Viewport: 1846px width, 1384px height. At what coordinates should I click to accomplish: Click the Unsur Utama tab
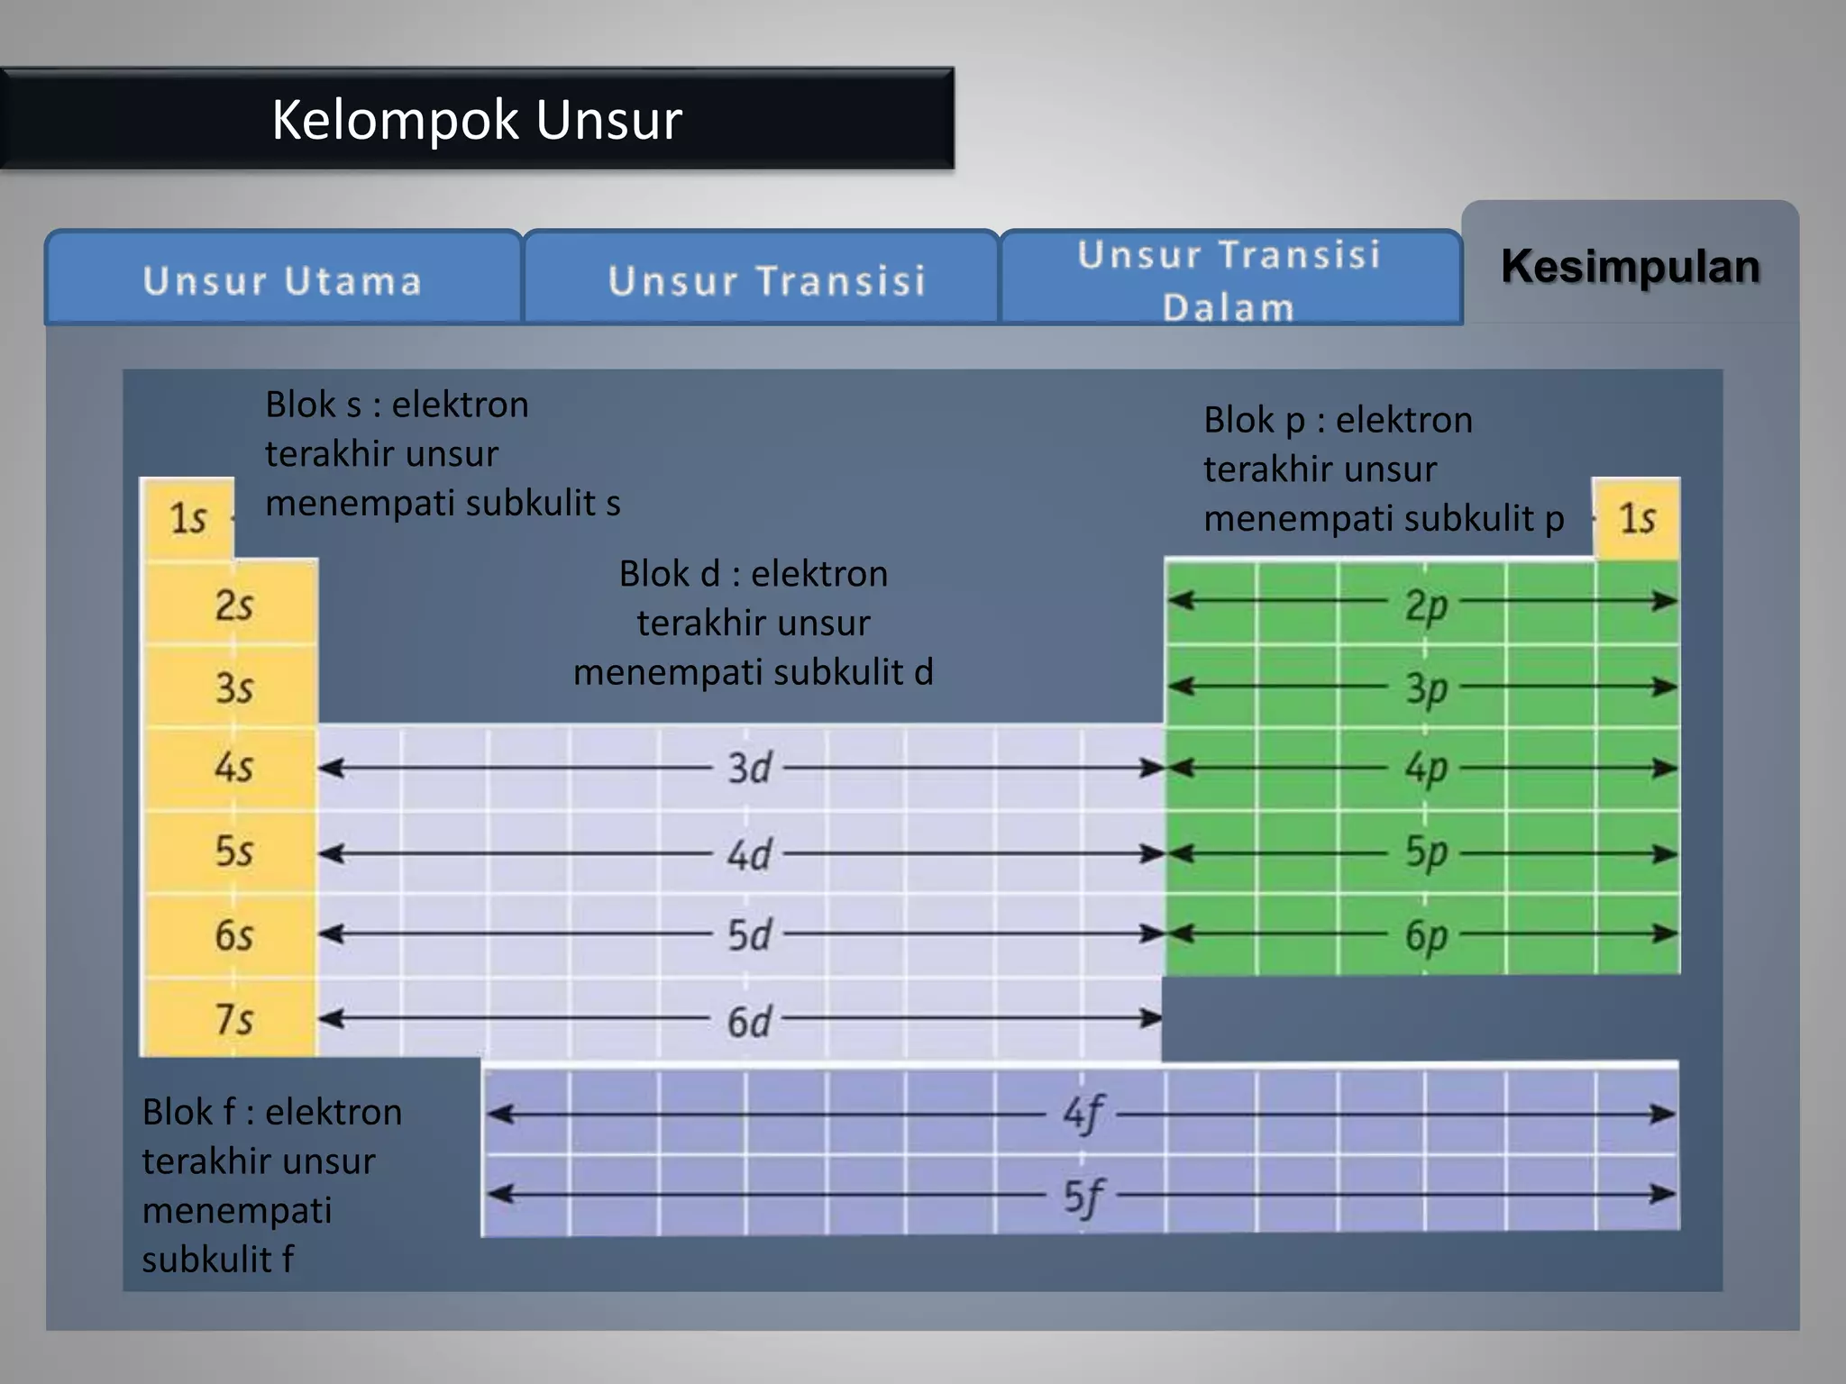pos(282,281)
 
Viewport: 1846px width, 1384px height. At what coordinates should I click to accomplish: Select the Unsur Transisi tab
pos(766,281)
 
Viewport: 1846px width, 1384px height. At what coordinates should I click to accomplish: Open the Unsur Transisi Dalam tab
pos(1229,281)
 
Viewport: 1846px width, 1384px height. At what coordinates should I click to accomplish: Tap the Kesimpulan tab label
pos(1630,267)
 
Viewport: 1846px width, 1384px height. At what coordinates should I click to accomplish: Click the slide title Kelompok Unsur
pos(477,119)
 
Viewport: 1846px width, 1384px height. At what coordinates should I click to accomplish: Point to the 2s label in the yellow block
pos(233,605)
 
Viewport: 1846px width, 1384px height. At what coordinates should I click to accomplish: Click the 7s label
pos(233,1019)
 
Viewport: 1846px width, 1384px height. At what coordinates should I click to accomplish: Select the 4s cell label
pos(233,768)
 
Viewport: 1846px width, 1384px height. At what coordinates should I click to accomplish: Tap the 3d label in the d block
pos(749,769)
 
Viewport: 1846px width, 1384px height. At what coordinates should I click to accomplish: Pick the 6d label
pos(749,1022)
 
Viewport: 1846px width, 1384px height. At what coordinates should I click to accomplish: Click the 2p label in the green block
pos(1426,605)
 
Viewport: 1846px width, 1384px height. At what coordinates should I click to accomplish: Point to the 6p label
pos(1426,936)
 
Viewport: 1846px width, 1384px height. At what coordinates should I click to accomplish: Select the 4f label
pos(1083,1115)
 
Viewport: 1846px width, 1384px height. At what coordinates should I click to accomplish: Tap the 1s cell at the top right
pos(1637,518)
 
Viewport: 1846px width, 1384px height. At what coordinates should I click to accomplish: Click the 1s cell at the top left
pos(187,518)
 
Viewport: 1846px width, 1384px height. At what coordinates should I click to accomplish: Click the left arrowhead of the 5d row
pos(329,933)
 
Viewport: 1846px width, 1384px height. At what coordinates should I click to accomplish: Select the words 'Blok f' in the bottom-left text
pos(188,1112)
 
